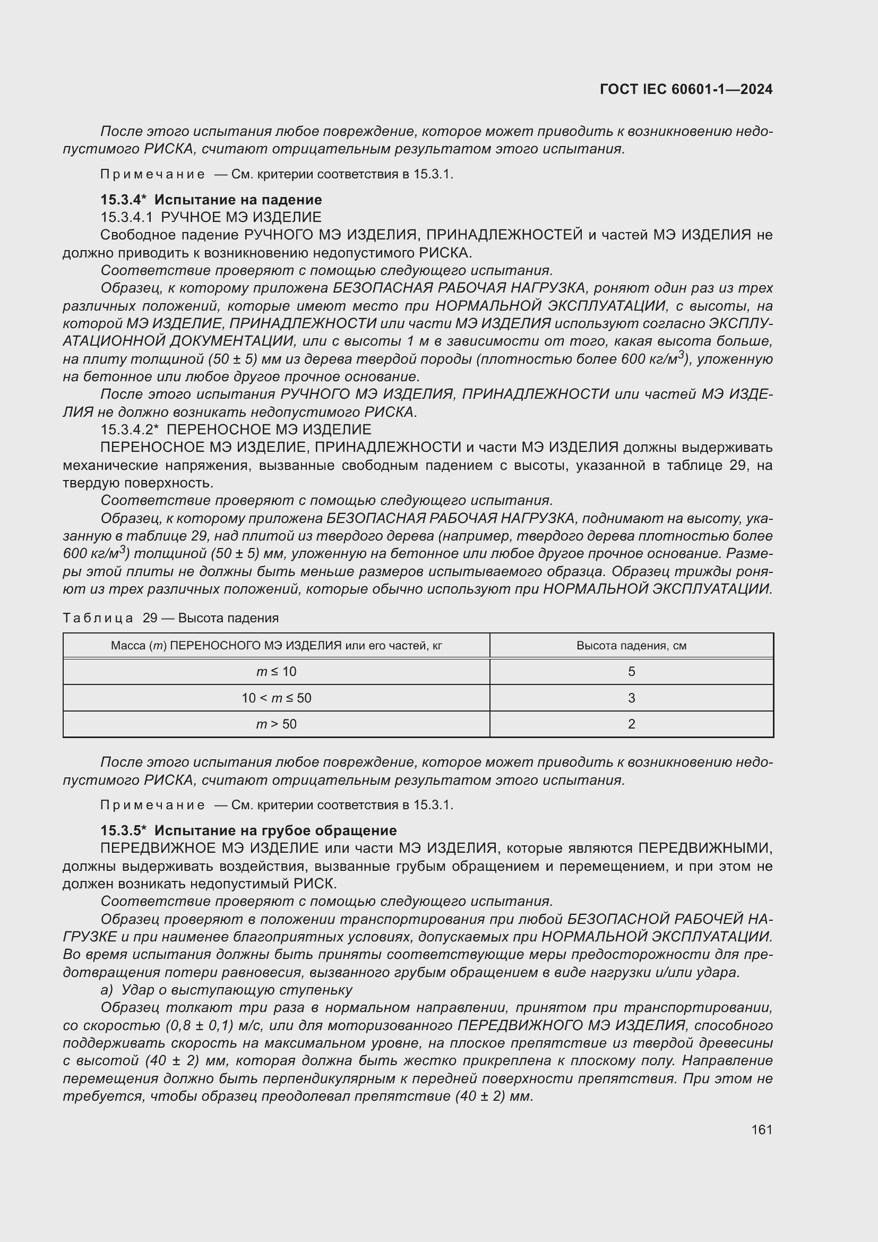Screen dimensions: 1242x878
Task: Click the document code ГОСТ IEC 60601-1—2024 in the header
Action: click(x=685, y=89)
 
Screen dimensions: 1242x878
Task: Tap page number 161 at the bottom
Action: click(x=761, y=1129)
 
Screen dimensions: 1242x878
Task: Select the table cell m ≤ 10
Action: click(x=276, y=671)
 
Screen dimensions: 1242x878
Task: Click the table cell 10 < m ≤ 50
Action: click(x=276, y=698)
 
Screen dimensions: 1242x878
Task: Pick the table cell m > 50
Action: click(x=276, y=724)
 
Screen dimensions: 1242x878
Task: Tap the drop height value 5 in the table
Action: click(x=632, y=671)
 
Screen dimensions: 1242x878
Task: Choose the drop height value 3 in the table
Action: click(x=632, y=698)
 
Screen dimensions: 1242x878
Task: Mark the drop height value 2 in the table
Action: click(x=632, y=724)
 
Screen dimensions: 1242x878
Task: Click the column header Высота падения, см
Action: click(x=632, y=645)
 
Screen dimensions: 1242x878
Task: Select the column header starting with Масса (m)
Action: click(x=276, y=645)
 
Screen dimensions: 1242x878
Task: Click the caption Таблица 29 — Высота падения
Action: click(x=170, y=618)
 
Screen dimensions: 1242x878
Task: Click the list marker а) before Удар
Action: click(x=107, y=990)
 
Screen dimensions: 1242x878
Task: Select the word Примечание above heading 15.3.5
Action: click(x=152, y=805)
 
